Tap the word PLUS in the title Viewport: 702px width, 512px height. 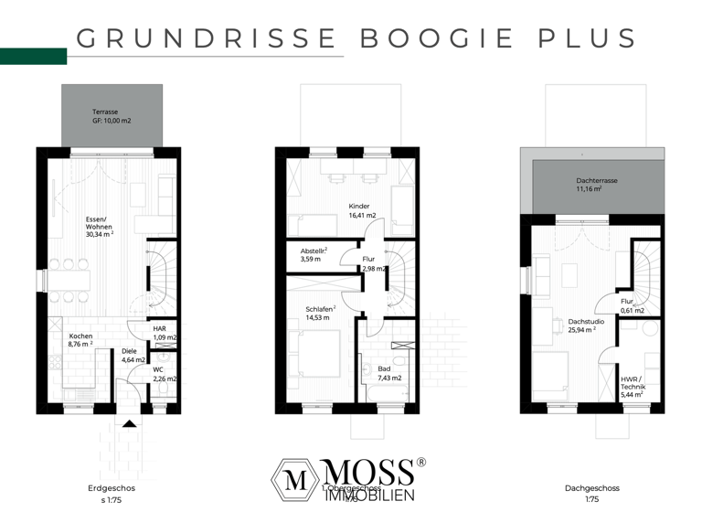tap(572, 38)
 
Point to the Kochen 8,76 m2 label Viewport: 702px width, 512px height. tap(81, 340)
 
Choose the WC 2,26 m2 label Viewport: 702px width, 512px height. tap(164, 373)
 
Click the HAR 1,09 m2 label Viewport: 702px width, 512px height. tap(164, 334)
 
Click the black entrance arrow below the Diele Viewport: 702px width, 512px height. tap(129, 422)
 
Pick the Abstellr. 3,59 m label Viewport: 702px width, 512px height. tap(314, 255)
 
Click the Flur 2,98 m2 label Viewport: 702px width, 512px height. tap(371, 264)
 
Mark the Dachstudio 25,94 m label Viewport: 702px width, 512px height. tap(581, 326)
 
